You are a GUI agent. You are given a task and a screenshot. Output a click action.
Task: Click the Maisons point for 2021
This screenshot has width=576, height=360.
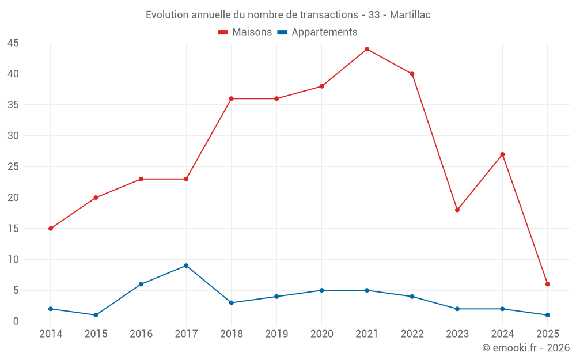point(367,49)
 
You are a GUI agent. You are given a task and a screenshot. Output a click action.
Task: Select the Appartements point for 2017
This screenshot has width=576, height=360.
point(186,266)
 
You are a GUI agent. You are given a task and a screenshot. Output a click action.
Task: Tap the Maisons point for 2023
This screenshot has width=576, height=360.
point(457,210)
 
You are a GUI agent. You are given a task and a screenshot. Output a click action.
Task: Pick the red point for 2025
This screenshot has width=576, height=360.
point(548,284)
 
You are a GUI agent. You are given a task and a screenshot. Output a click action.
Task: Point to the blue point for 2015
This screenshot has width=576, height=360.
point(96,315)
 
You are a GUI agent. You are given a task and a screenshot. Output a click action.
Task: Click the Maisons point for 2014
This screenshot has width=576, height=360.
point(51,229)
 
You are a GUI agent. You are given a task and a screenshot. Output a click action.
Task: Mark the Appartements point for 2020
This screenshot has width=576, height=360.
point(322,290)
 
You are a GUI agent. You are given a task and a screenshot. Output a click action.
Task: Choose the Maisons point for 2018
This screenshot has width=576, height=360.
point(232,98)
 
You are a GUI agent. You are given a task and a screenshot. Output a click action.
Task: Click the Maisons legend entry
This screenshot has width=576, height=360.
point(245,32)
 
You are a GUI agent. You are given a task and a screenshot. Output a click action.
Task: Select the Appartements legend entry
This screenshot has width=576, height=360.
point(317,32)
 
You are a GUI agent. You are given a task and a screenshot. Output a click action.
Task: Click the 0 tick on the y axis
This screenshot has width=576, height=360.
point(16,321)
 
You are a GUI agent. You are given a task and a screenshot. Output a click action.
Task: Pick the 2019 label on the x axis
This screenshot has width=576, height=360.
point(276,334)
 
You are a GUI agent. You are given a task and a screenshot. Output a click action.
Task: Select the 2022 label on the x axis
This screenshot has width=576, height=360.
point(412,334)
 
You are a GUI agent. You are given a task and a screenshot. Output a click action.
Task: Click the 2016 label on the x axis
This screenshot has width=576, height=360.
point(141,334)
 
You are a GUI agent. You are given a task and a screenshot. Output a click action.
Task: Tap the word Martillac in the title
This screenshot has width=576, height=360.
point(410,15)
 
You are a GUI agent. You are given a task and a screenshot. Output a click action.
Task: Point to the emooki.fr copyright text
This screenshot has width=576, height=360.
point(526,348)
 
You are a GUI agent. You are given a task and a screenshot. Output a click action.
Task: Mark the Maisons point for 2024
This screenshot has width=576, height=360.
point(502,154)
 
